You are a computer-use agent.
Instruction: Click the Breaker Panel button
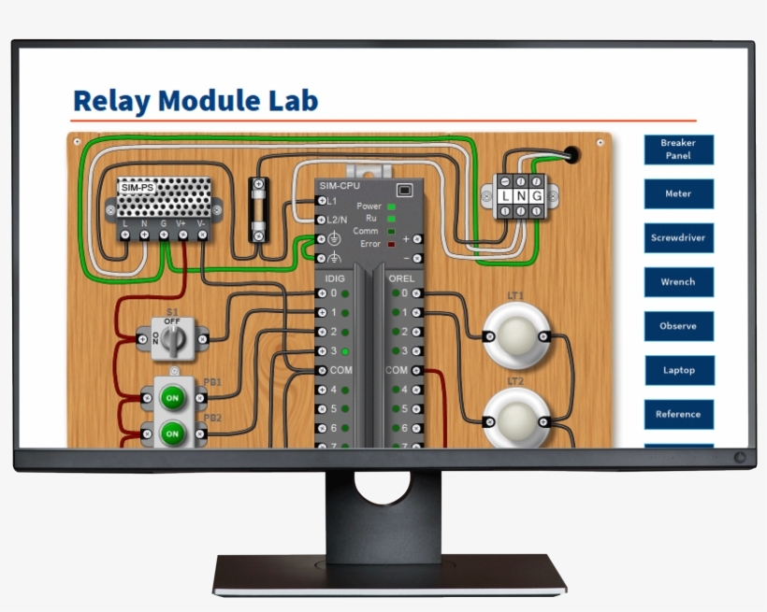(678, 149)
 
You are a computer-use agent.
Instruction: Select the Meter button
(678, 194)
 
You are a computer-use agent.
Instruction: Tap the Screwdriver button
(678, 238)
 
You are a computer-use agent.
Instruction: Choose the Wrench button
(678, 282)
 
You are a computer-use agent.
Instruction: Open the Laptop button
(678, 370)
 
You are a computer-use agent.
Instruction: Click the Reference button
(678, 414)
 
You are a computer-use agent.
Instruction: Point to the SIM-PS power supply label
(137, 188)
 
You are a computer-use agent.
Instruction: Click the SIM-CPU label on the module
(340, 186)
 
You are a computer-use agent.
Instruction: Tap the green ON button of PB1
(172, 397)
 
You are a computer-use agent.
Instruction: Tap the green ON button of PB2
(172, 434)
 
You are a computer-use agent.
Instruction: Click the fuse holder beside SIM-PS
(259, 211)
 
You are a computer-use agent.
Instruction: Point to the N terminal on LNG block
(520, 196)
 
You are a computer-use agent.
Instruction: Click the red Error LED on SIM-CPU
(391, 243)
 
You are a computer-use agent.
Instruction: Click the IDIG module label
(334, 278)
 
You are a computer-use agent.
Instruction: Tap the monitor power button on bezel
(740, 458)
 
